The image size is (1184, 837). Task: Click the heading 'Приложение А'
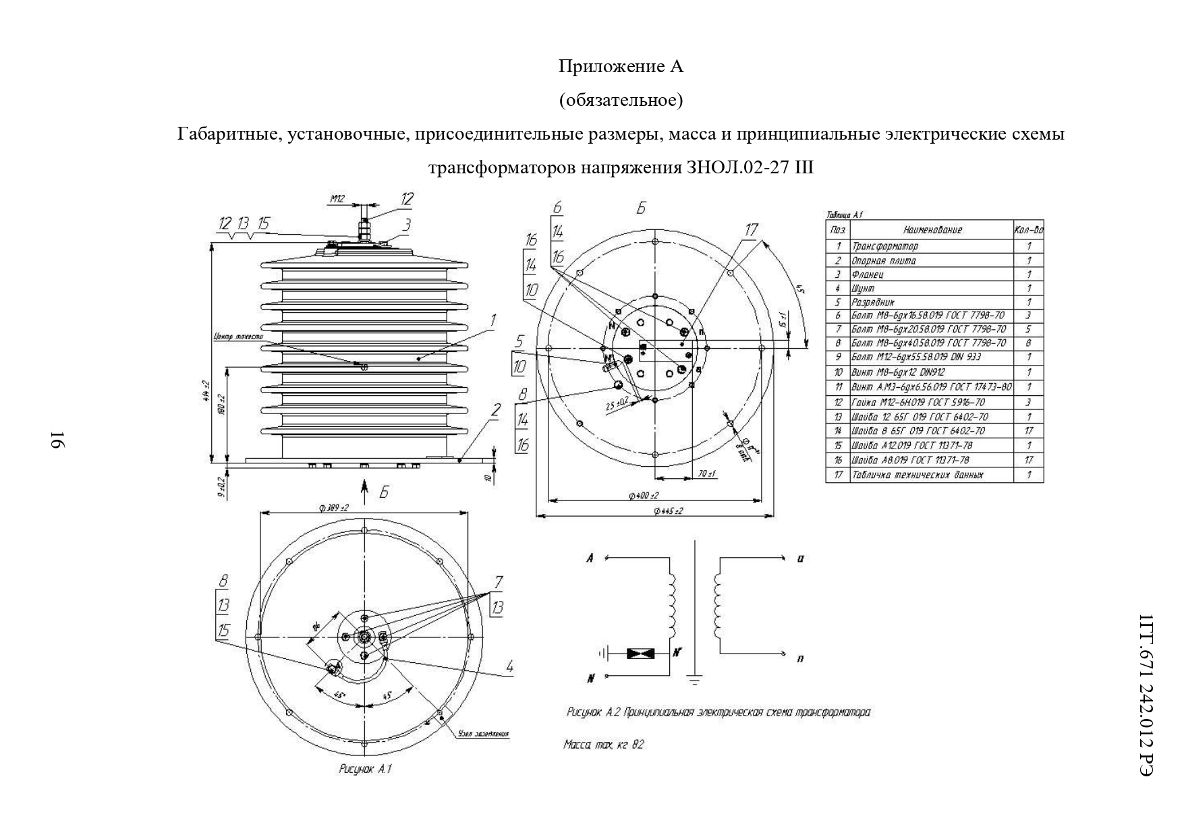pyautogui.click(x=621, y=67)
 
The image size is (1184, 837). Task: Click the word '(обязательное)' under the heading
pyautogui.click(x=621, y=100)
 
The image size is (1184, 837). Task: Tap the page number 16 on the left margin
pyautogui.click(x=57, y=440)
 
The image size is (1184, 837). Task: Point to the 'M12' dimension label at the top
pyautogui.click(x=337, y=199)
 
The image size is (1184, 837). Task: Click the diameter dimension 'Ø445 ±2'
pyautogui.click(x=668, y=511)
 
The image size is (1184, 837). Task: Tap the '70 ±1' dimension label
pyautogui.click(x=706, y=474)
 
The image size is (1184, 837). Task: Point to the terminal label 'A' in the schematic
pyautogui.click(x=590, y=558)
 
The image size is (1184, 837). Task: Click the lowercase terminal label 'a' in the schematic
pyautogui.click(x=800, y=558)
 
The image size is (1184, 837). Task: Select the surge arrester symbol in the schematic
pyautogui.click(x=640, y=653)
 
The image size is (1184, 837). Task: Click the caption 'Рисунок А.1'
pyautogui.click(x=365, y=769)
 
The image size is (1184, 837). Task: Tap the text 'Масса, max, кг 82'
pyautogui.click(x=604, y=745)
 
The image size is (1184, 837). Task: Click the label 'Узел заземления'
pyautogui.click(x=483, y=734)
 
